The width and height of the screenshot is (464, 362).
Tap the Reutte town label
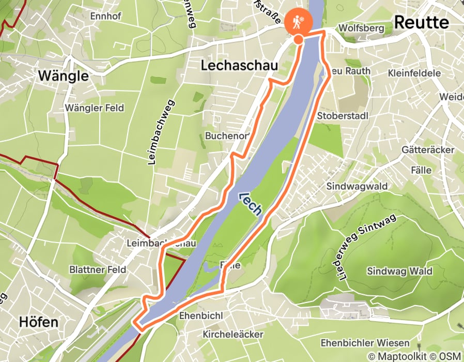click(x=421, y=22)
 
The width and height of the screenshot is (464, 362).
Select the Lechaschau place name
click(x=239, y=66)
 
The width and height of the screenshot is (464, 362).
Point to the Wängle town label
click(x=63, y=77)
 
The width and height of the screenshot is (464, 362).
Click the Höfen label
click(x=38, y=321)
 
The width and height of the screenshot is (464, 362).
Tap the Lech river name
click(x=251, y=203)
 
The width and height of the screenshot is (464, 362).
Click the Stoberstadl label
click(x=343, y=115)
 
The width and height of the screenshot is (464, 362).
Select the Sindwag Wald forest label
click(x=399, y=271)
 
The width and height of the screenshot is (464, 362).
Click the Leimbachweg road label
click(x=161, y=132)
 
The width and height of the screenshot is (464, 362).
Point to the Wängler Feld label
click(x=94, y=108)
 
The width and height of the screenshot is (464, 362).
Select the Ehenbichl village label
click(x=200, y=315)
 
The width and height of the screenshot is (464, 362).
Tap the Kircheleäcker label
click(x=233, y=335)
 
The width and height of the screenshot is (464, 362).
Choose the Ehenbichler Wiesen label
click(x=365, y=343)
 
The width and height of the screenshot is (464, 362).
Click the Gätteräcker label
click(x=427, y=149)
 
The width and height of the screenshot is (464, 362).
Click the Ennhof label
click(x=105, y=16)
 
